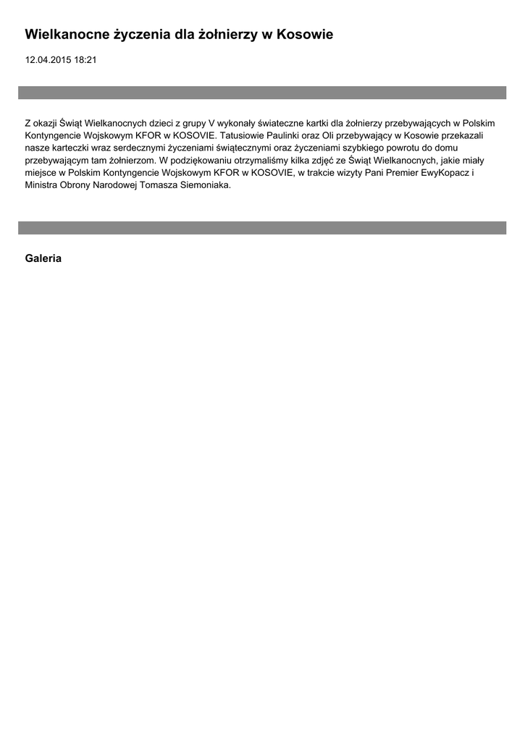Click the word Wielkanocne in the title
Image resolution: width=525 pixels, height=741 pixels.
[x=66, y=35]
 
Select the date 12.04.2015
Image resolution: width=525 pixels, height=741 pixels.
[x=48, y=60]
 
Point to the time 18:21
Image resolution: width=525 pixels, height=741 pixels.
[x=85, y=60]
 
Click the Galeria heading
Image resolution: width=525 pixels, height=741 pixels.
[x=43, y=258]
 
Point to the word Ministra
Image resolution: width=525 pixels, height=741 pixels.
[x=41, y=185]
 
